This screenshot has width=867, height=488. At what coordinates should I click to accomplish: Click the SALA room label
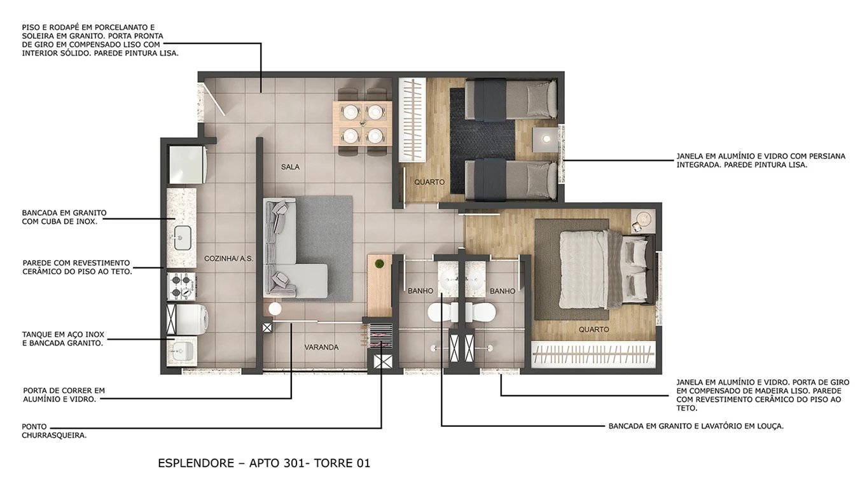pyautogui.click(x=290, y=167)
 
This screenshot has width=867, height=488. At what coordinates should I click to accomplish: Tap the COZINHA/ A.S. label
pyautogui.click(x=228, y=259)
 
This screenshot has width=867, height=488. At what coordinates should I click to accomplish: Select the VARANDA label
pyautogui.click(x=321, y=347)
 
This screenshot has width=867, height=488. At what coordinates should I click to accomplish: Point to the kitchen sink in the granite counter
pyautogui.click(x=182, y=237)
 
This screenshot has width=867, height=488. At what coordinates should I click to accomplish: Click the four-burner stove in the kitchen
pyautogui.click(x=181, y=286)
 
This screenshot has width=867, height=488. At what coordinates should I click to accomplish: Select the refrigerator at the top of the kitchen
pyautogui.click(x=185, y=165)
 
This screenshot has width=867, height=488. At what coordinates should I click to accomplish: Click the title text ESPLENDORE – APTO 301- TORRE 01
pyautogui.click(x=264, y=463)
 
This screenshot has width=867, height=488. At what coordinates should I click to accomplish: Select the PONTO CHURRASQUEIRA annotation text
pyautogui.click(x=54, y=431)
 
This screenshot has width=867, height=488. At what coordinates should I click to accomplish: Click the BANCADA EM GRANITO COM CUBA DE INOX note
pyautogui.click(x=64, y=217)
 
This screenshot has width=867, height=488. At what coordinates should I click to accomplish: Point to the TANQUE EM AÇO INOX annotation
pyautogui.click(x=63, y=338)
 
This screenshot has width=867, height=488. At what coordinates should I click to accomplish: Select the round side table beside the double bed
pyautogui.click(x=643, y=219)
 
